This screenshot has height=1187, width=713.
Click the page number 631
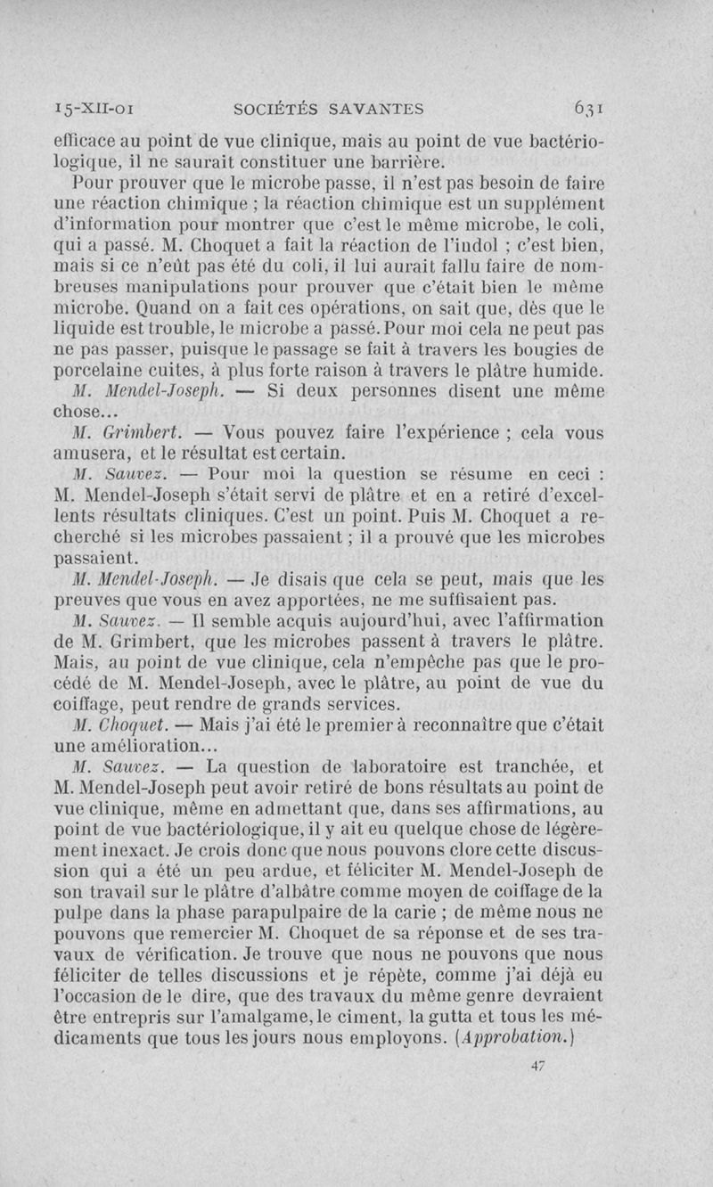590,110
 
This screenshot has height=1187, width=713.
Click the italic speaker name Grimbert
143,432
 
